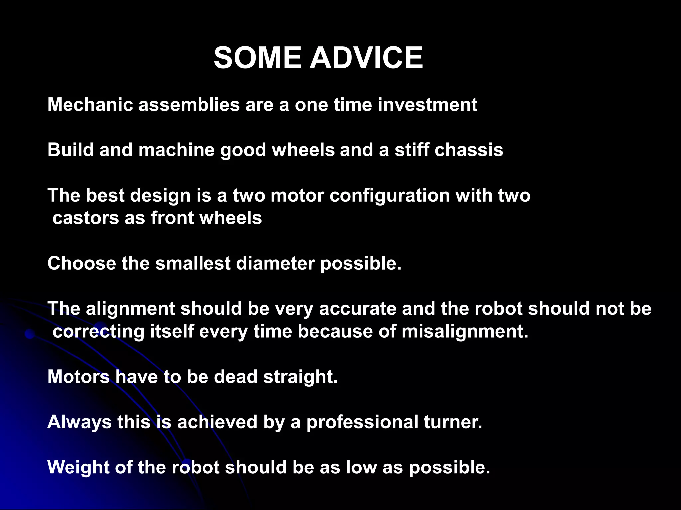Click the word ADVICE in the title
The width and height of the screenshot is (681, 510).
(366, 58)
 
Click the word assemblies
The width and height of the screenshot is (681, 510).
(189, 105)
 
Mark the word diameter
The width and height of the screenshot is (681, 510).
(275, 264)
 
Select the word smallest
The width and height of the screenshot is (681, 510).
(193, 264)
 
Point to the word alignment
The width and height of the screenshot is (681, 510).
(130, 309)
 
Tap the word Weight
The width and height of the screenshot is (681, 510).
(78, 468)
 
